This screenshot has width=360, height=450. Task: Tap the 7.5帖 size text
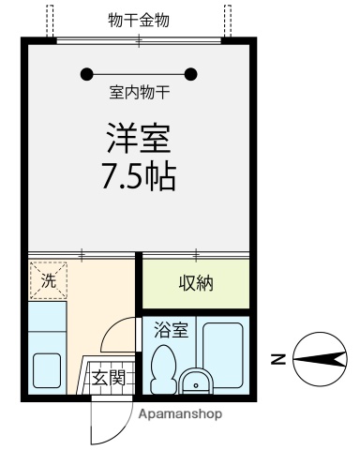[139, 178]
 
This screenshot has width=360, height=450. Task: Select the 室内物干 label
[139, 94]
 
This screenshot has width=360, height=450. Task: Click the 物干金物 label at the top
[139, 20]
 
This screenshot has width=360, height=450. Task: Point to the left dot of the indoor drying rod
[86, 74]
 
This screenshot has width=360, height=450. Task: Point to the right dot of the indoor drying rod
[192, 74]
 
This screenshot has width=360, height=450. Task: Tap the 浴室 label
[170, 331]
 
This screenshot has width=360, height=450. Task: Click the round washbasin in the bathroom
[195, 382]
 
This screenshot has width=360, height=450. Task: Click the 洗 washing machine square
[47, 279]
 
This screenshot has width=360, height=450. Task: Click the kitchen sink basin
[48, 369]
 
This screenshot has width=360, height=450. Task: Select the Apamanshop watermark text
[181, 412]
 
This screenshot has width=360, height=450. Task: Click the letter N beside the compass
[277, 357]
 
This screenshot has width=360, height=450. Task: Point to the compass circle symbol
[316, 357]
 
